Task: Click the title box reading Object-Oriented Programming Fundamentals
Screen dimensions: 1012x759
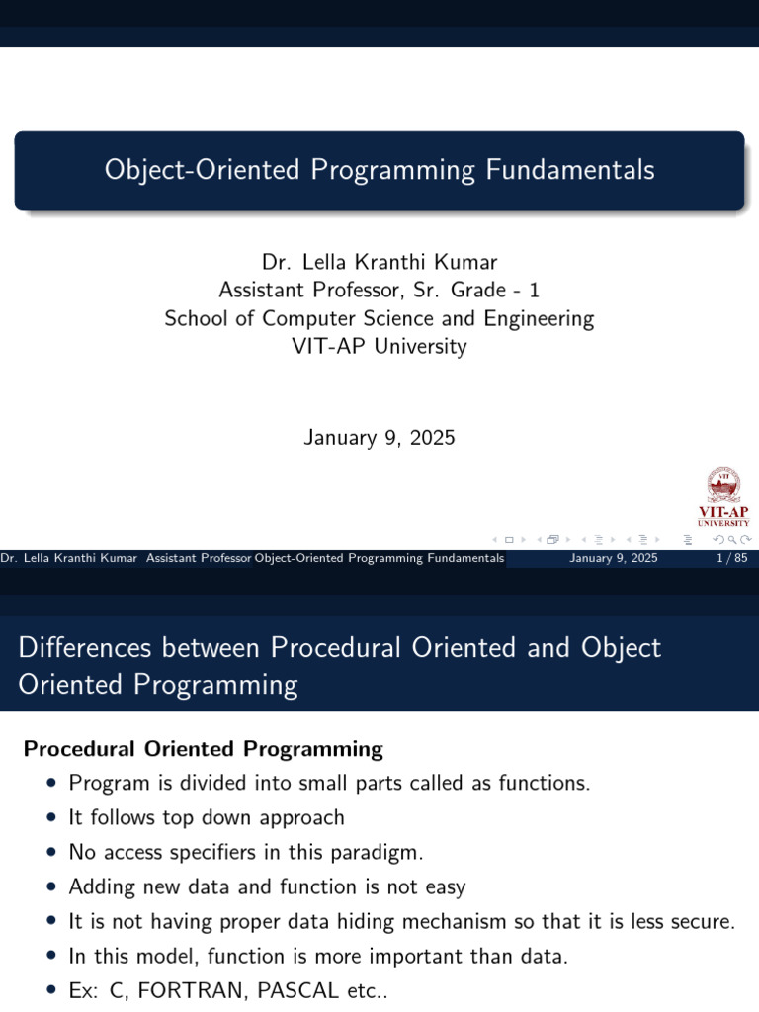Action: tap(379, 170)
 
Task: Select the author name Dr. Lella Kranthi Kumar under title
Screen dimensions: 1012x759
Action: tap(379, 262)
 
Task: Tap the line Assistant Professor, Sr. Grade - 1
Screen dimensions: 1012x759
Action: tap(379, 291)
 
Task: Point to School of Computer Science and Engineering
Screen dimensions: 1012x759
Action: tap(379, 318)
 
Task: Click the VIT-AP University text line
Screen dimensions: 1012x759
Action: tap(379, 347)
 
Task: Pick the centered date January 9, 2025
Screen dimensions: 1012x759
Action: tap(379, 437)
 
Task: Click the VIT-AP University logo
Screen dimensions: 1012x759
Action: tap(723, 498)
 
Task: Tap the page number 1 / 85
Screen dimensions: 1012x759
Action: tap(729, 559)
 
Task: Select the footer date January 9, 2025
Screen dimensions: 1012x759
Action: tap(614, 559)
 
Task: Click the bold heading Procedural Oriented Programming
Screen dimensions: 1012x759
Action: tap(203, 749)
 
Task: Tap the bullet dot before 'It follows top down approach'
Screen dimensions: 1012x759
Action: tap(51, 818)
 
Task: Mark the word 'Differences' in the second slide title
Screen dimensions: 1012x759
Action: tap(84, 648)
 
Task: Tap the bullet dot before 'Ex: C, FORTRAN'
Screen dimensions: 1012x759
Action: tap(51, 991)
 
